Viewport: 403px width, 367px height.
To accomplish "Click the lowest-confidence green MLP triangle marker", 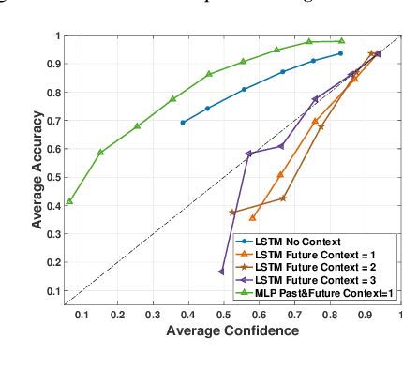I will coord(69,201).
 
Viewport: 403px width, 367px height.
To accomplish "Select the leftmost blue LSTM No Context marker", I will coord(183,123).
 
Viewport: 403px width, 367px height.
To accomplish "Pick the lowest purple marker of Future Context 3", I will coord(222,272).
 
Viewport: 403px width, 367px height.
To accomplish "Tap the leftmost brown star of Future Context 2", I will coord(232,213).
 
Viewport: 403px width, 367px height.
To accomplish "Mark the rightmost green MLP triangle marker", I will coord(341,41).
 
